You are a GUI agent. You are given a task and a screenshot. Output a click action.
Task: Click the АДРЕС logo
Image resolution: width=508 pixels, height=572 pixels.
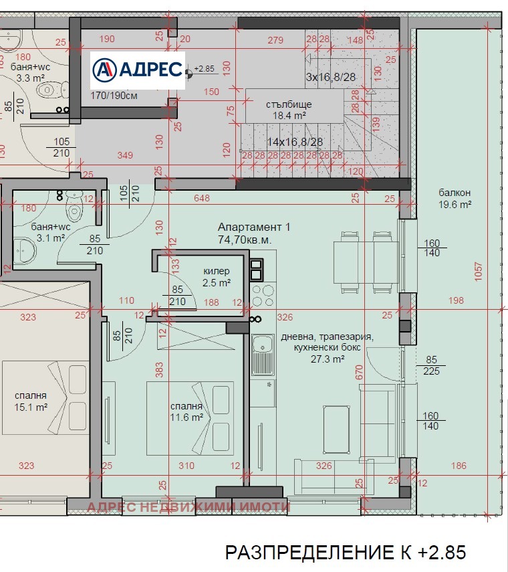click(x=138, y=70)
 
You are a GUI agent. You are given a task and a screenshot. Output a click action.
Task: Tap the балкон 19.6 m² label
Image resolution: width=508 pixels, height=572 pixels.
click(x=455, y=199)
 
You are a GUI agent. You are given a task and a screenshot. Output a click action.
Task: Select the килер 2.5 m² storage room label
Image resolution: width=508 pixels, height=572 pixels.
click(x=217, y=277)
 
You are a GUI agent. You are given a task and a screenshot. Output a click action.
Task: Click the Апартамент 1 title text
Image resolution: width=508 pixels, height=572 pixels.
click(x=254, y=227)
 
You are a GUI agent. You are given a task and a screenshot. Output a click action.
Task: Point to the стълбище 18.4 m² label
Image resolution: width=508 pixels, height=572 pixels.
click(x=289, y=110)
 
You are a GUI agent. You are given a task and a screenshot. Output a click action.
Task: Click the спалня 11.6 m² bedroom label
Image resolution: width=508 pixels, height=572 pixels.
click(x=186, y=411)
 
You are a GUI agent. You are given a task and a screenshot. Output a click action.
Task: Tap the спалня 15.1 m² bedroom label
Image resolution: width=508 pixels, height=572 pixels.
click(x=31, y=401)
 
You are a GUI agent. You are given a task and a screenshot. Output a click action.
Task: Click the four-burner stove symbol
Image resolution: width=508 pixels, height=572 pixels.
click(x=263, y=296)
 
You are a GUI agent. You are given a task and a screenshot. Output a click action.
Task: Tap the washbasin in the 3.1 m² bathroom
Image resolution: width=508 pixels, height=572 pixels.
click(x=25, y=252)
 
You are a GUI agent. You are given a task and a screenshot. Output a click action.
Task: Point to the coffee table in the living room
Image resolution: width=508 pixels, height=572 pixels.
click(x=336, y=430)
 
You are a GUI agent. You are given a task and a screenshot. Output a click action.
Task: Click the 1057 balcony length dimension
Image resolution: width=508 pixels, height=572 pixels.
click(x=478, y=272)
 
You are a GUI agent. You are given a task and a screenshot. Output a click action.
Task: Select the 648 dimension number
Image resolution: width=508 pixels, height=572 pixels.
click(x=202, y=198)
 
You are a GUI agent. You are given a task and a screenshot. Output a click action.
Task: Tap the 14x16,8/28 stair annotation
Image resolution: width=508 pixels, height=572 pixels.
click(x=295, y=142)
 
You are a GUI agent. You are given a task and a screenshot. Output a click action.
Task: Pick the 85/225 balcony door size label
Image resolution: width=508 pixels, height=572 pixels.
click(x=431, y=365)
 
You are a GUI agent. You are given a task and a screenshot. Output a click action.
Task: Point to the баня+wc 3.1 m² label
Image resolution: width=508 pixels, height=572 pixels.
click(x=51, y=232)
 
